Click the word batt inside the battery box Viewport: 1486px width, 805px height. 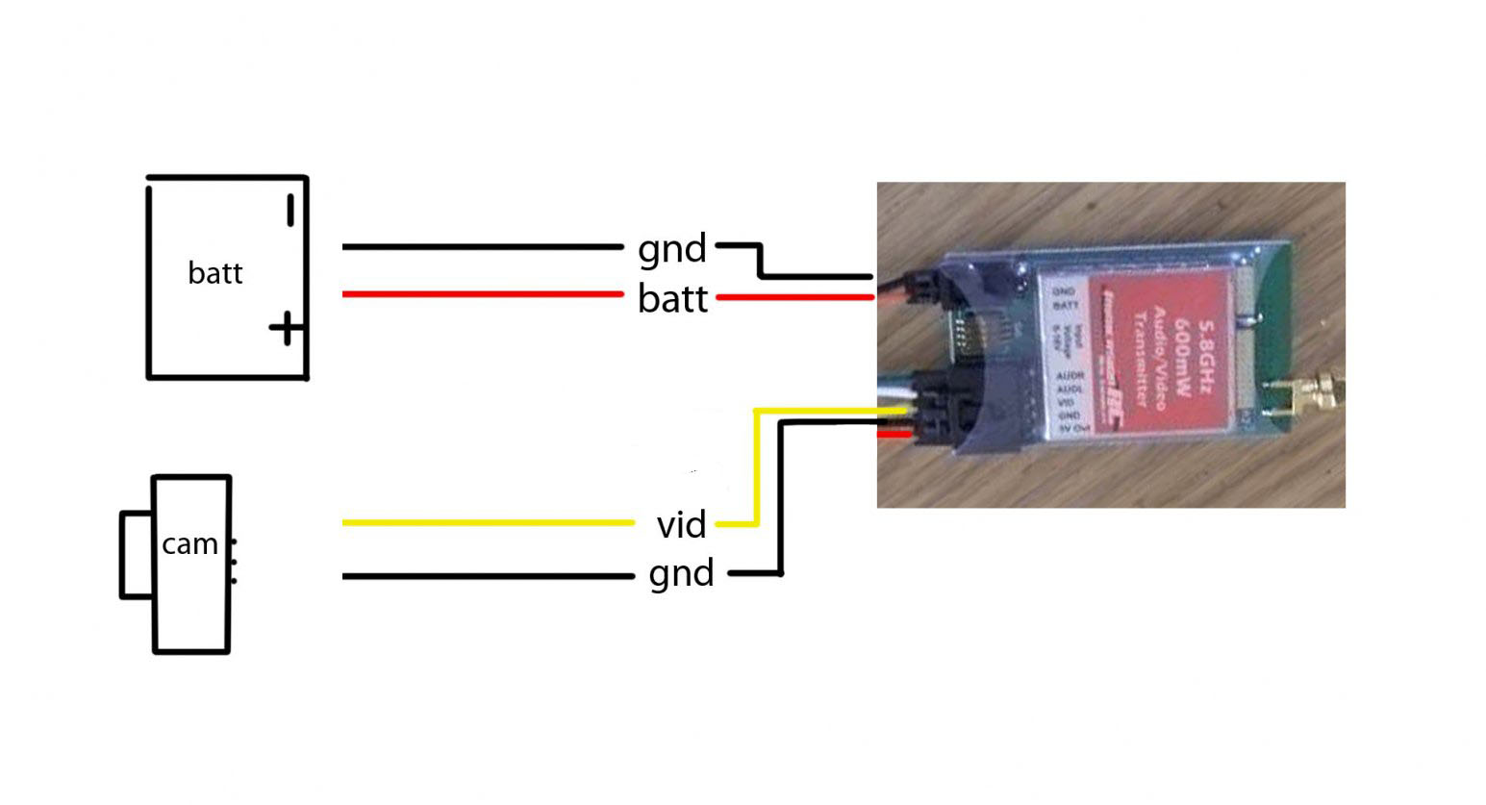click(214, 273)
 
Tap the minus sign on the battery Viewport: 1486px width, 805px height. click(290, 211)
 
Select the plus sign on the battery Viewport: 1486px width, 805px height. click(285, 330)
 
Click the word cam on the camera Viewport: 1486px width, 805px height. click(189, 544)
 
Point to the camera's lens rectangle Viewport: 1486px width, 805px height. click(136, 555)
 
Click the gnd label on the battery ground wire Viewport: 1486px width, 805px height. click(672, 249)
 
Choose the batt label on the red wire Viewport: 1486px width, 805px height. click(672, 299)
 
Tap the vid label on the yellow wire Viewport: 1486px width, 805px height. click(681, 525)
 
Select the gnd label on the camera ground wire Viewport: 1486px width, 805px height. click(681, 574)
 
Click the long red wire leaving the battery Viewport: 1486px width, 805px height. click(481, 294)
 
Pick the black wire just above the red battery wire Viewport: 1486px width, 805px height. click(481, 247)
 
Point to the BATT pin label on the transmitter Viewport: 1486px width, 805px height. click(1065, 305)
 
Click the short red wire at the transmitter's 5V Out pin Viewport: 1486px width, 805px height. click(894, 437)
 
